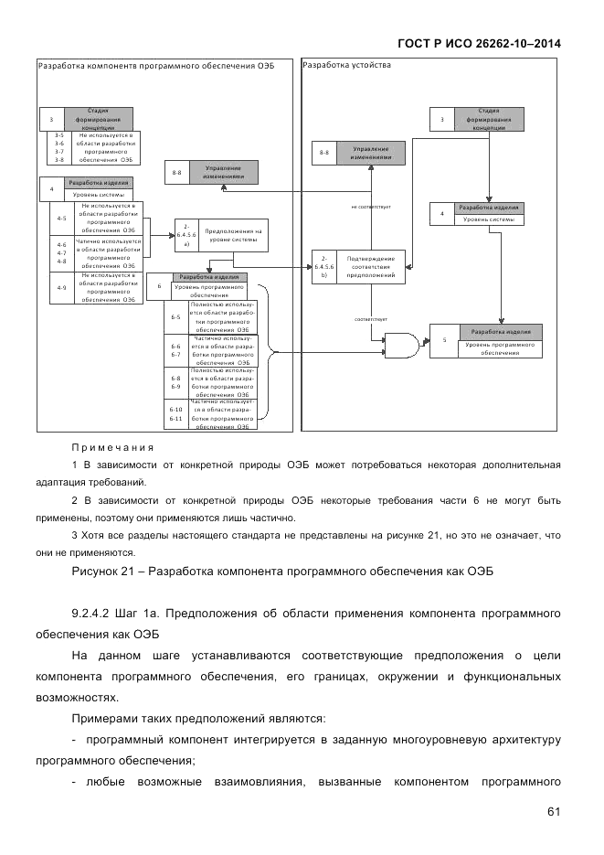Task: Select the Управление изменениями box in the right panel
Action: (x=372, y=153)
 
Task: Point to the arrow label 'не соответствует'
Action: (x=371, y=207)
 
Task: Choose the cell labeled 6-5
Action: (x=175, y=316)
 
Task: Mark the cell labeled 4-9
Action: (x=61, y=288)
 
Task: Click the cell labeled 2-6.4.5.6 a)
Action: (x=186, y=236)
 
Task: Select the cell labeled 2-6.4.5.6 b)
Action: (x=323, y=264)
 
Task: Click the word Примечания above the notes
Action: (x=112, y=448)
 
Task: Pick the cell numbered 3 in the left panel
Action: (x=51, y=119)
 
